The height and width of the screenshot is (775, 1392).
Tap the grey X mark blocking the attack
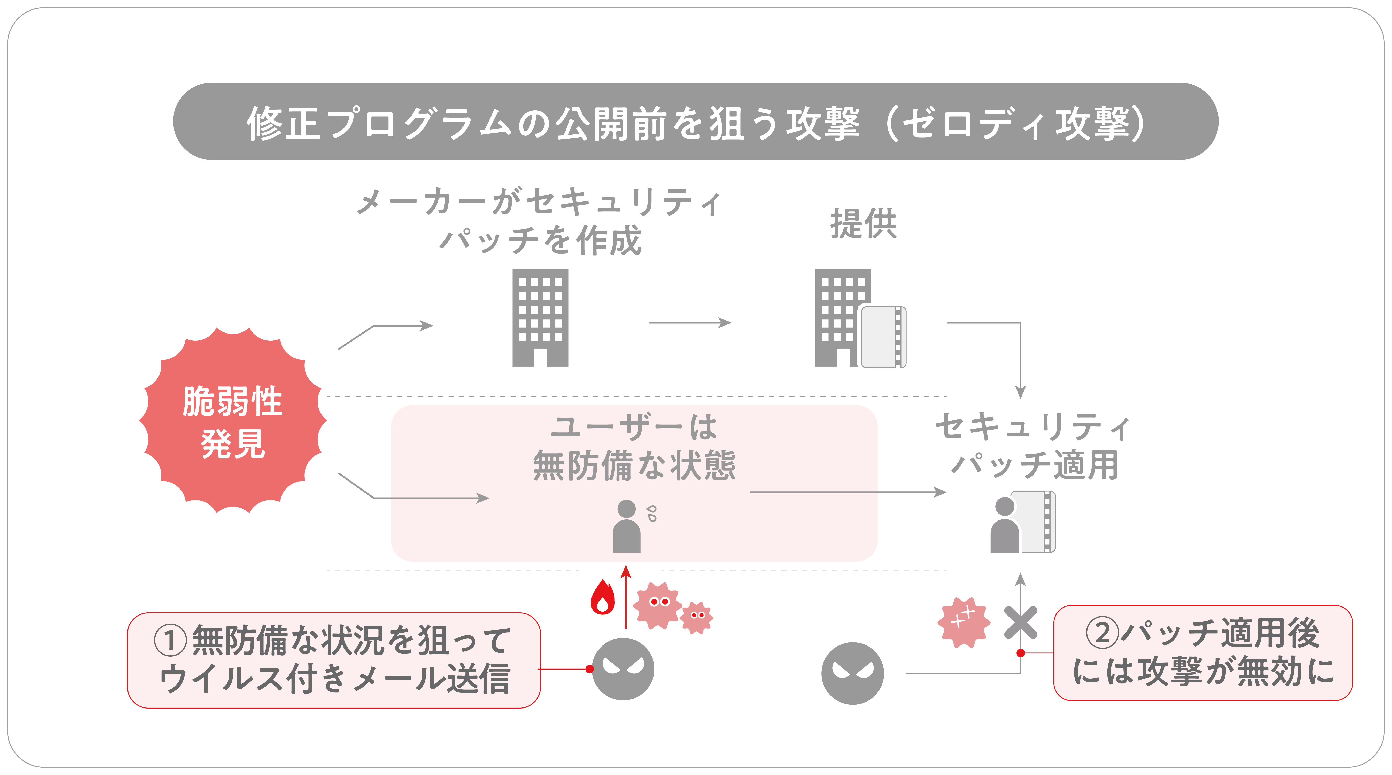click(x=1020, y=622)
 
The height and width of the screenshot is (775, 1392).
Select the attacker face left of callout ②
click(x=852, y=673)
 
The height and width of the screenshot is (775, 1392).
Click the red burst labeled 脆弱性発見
click(x=233, y=420)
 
